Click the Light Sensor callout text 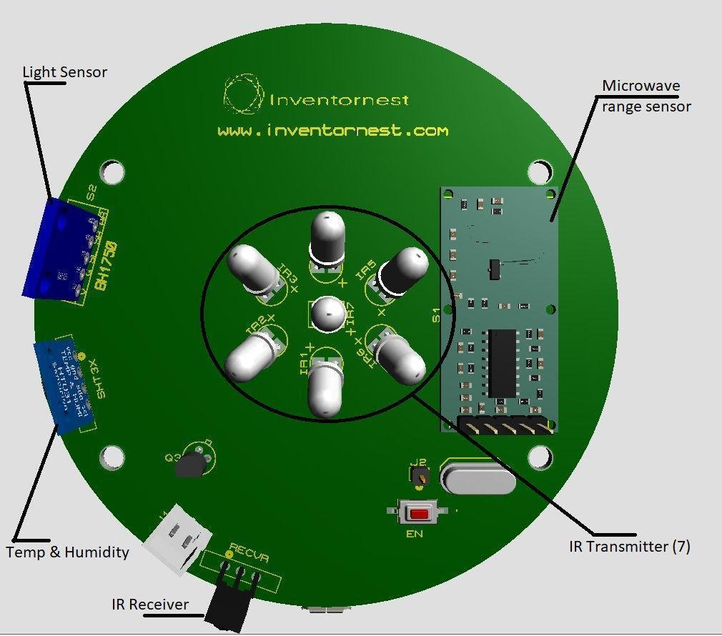(x=64, y=72)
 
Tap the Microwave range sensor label (x=646, y=96)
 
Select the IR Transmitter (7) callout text (x=629, y=547)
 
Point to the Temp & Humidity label (x=67, y=552)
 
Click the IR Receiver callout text (x=150, y=605)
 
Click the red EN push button (x=418, y=513)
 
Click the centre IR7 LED (x=328, y=314)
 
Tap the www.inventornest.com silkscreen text (x=332, y=131)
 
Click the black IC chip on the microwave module (x=502, y=363)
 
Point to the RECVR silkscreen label (x=242, y=551)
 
